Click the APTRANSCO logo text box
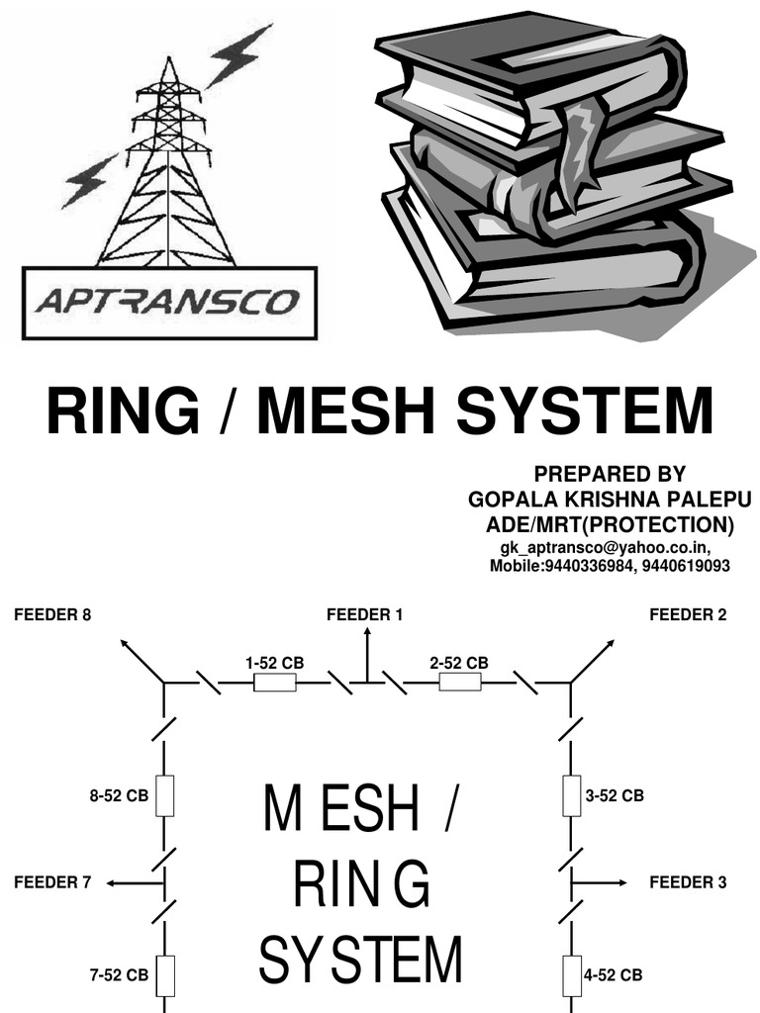(x=169, y=302)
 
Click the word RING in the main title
(x=123, y=412)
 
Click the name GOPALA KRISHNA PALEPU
(x=610, y=499)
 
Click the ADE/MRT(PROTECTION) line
(x=610, y=523)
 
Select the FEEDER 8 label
(x=52, y=614)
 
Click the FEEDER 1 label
(x=365, y=614)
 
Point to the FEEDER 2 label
(x=688, y=614)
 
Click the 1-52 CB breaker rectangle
(x=275, y=683)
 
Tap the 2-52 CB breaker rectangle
(x=459, y=683)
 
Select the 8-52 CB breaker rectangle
(x=165, y=795)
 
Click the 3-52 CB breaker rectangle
(x=571, y=795)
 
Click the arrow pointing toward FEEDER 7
(x=134, y=881)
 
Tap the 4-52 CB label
(x=613, y=974)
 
